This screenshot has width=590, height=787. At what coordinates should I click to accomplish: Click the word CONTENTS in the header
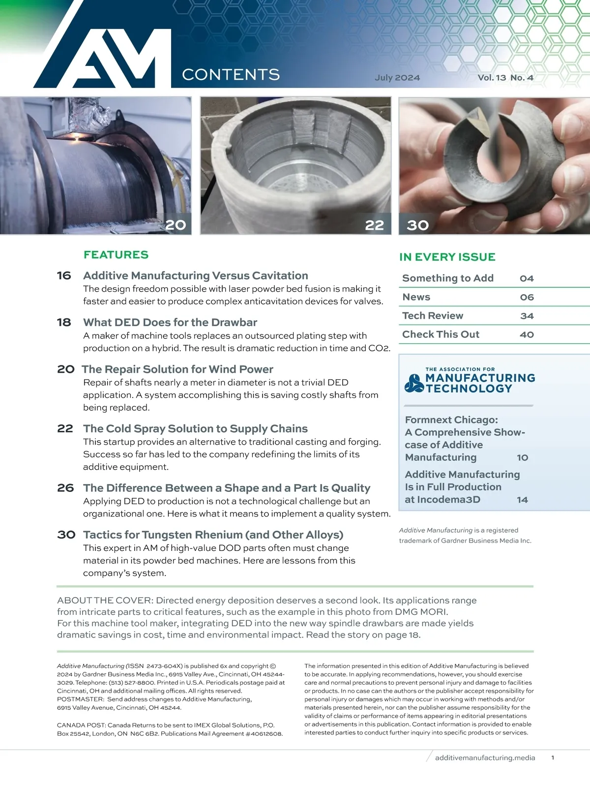point(231,75)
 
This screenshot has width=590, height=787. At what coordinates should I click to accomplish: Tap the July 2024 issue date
point(397,78)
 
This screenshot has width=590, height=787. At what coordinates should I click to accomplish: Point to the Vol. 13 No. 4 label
point(505,78)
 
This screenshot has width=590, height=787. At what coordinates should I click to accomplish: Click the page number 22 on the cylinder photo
point(374,225)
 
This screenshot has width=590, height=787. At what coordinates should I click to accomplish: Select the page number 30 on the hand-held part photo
point(418,225)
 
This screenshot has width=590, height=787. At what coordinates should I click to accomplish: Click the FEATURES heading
point(116,255)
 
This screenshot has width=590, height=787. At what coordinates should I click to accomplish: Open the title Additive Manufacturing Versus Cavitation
point(196,275)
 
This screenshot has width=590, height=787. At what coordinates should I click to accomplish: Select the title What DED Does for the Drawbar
point(170,322)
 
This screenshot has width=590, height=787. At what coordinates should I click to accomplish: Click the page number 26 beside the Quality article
point(65,488)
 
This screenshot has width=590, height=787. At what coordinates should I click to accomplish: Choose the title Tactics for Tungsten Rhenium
point(213,535)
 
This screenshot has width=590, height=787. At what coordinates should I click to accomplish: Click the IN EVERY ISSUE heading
point(447,257)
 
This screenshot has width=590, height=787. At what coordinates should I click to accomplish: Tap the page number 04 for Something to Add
point(527,278)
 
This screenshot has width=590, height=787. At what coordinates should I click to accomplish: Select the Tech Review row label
point(433,316)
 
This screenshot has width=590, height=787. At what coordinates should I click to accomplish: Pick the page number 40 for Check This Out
point(527,334)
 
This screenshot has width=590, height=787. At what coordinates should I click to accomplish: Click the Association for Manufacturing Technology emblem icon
point(413,383)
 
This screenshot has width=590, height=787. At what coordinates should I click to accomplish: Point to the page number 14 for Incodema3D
point(522,500)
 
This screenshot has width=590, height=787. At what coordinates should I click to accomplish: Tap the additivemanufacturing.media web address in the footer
point(485,757)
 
